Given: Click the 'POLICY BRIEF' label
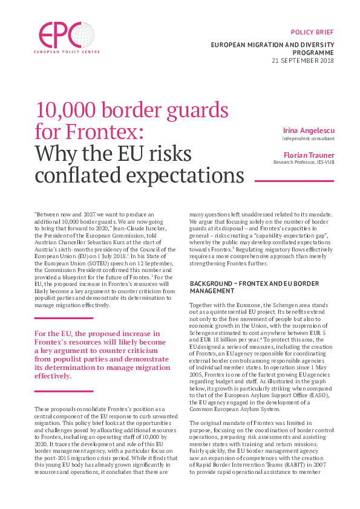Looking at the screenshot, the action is click(312, 31).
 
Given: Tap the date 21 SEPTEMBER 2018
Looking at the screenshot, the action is click(303, 61).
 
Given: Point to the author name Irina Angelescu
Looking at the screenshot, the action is click(309, 131).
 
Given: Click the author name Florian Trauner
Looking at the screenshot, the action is click(309, 155).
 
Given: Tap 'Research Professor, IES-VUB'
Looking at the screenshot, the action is click(304, 162).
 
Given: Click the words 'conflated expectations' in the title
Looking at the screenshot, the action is click(140, 175).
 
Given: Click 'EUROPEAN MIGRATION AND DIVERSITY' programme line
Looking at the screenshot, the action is click(272, 45).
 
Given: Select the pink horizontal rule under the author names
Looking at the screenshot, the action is click(295, 180).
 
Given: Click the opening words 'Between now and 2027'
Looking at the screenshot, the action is click(66, 215).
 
